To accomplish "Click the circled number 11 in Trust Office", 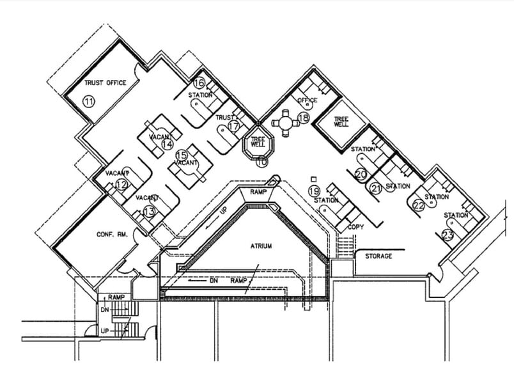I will pos(89,101).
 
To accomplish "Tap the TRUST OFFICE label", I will pos(105,83).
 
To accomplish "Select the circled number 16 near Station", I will pos(199,83).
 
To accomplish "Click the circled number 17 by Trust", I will pos(233,127).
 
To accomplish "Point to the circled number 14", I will pos(167,144).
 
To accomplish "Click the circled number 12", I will pos(121,185).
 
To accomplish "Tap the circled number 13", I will pos(148,210).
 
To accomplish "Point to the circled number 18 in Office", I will pos(303,118).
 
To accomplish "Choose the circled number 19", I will pos(313,191).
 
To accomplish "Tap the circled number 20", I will pos(361,173).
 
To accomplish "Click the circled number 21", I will pos(376,188).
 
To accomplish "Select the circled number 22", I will pos(419,205).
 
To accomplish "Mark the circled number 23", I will pos(448,235).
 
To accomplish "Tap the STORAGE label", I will pos(379,256).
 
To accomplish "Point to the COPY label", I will pos(355,227).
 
